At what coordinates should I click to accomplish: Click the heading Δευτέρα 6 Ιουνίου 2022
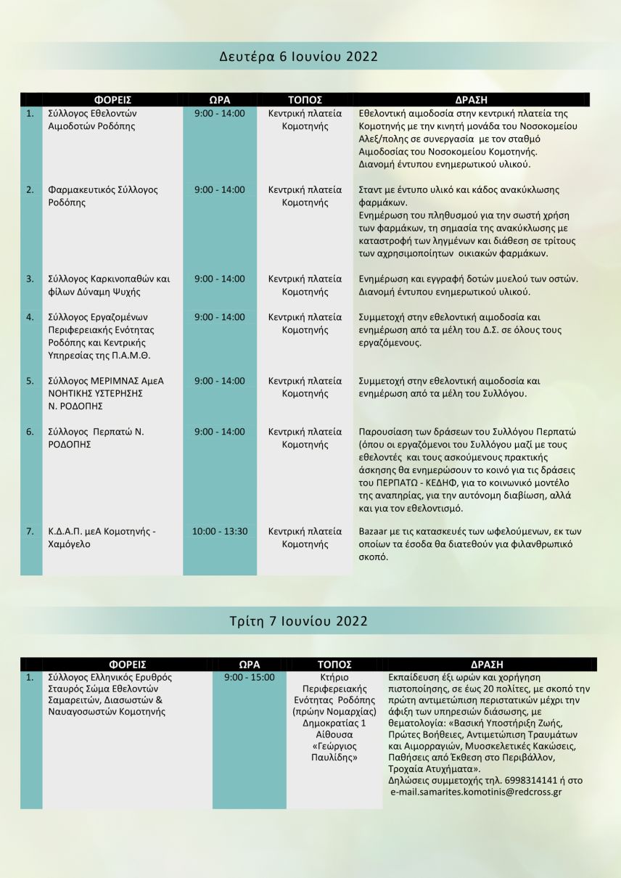click(299, 57)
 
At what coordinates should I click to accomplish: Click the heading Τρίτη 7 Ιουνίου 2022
click(298, 621)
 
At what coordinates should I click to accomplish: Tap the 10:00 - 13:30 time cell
click(220, 531)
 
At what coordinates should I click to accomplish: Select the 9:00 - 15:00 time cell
click(250, 677)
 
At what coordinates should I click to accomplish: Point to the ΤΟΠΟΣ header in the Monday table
click(305, 100)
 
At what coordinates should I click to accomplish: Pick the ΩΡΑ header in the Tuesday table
click(250, 664)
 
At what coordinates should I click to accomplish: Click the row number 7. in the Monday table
click(30, 531)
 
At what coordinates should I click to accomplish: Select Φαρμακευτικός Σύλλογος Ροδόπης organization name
click(92, 196)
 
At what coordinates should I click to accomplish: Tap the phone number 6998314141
click(528, 780)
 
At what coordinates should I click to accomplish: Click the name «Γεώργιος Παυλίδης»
click(334, 750)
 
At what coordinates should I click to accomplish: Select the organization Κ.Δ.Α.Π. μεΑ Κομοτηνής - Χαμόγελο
click(91, 538)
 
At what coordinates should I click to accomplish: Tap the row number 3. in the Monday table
click(30, 279)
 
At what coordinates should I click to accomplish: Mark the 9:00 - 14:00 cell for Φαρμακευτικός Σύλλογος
click(220, 190)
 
